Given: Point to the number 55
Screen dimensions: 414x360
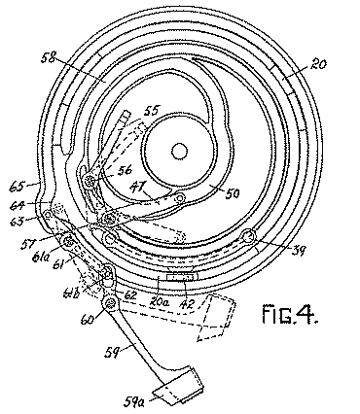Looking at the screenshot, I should pyautogui.click(x=151, y=113).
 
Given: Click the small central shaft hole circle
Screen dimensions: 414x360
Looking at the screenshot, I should pyautogui.click(x=180, y=151).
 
